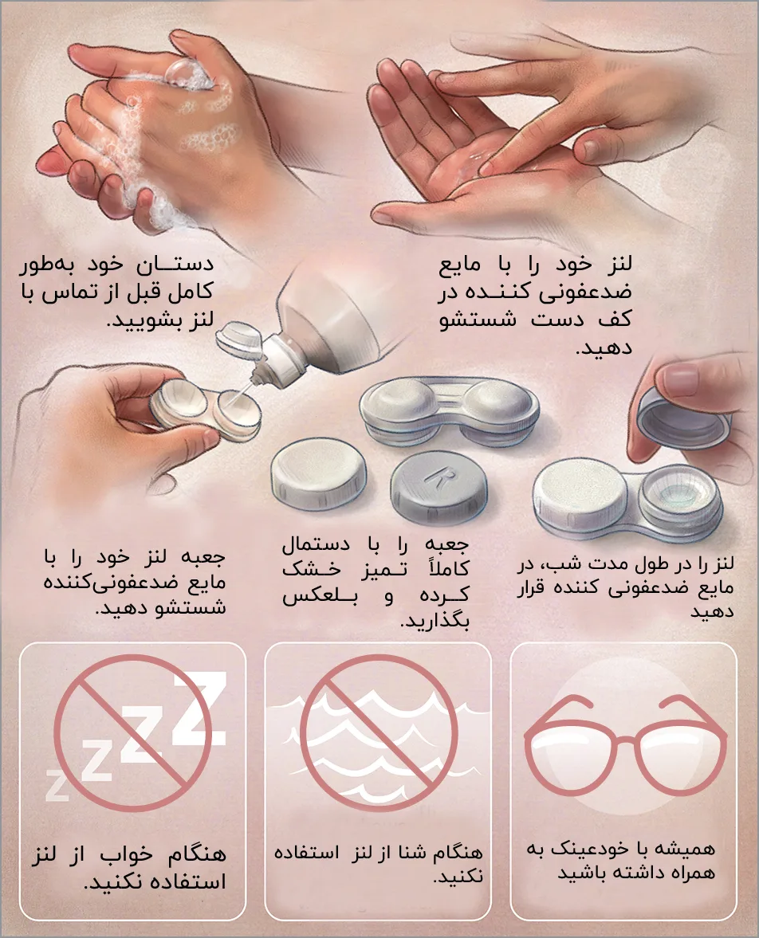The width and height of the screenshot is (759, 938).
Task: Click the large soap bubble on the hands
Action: [x=183, y=73]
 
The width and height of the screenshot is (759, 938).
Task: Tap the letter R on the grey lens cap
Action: [x=440, y=477]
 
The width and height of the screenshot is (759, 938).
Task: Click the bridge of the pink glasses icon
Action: [x=626, y=738]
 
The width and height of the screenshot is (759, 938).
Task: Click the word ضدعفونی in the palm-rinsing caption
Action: [x=585, y=292]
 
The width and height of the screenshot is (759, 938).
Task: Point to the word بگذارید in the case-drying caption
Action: [x=436, y=620]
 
